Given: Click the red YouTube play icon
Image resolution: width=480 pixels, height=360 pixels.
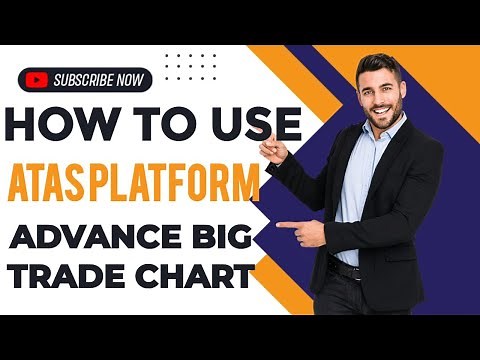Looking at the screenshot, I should click(37, 79).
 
